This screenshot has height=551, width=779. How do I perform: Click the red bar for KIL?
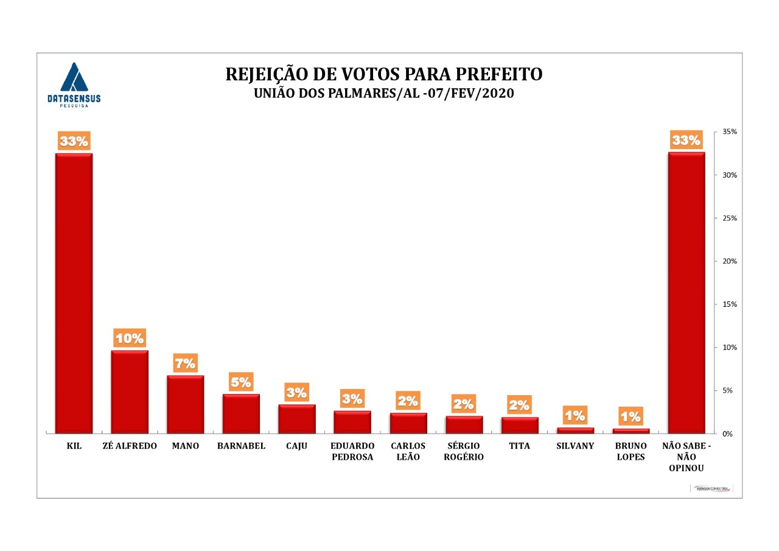74,293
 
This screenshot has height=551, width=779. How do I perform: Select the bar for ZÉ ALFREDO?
129,391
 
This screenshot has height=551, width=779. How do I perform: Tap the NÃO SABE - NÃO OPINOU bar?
686,292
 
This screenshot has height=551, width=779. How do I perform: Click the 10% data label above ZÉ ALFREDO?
129,338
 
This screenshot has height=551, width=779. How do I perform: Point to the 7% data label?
185,364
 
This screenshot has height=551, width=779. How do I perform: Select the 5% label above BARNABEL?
241,382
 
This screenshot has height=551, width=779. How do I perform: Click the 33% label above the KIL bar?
74,141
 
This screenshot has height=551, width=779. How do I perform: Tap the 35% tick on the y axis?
730,132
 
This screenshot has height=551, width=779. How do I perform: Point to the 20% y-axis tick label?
730,261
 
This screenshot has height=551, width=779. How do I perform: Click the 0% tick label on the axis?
727,434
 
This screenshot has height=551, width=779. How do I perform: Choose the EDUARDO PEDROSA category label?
352,452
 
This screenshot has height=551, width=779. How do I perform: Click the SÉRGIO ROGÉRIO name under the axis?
464,452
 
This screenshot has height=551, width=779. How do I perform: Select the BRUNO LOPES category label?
631,452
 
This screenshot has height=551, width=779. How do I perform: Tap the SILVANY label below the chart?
575,446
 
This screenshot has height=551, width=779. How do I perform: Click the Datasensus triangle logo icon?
74,77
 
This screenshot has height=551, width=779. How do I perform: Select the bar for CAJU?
296,419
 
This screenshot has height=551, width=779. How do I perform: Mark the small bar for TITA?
519,425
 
